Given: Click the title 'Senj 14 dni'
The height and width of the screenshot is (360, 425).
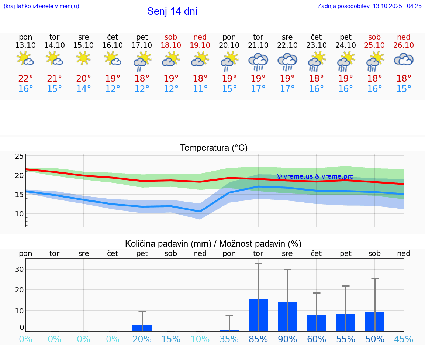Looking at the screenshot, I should (x=172, y=11).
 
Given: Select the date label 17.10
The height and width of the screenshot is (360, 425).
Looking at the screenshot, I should (x=142, y=45).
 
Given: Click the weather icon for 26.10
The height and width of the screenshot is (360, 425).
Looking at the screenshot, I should (x=404, y=59).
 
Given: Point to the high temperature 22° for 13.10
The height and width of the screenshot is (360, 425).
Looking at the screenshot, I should (x=26, y=79).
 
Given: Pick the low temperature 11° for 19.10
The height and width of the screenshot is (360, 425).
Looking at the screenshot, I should (x=200, y=89).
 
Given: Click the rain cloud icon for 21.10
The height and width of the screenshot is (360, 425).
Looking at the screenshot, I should (x=258, y=61).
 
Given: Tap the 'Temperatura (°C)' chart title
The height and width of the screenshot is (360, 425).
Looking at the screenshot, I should (x=214, y=148).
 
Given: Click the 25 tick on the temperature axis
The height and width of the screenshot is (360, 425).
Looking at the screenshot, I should (x=19, y=157).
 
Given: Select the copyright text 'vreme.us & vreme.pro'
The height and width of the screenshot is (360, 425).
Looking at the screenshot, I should (x=315, y=176).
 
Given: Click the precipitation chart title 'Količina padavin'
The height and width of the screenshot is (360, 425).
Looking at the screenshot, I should (x=213, y=244).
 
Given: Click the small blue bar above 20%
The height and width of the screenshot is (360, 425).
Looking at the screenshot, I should (x=142, y=328).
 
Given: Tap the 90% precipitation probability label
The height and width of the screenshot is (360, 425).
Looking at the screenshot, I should (x=287, y=339).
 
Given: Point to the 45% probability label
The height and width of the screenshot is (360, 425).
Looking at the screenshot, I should (x=404, y=339).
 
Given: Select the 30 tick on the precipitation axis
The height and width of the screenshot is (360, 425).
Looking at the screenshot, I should (x=19, y=269).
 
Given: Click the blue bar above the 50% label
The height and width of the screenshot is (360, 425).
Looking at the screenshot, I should (x=374, y=321).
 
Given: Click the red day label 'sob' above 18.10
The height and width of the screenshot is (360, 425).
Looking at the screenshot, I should (x=171, y=37).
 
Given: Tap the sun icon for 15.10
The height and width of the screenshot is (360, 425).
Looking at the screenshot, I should (x=84, y=58).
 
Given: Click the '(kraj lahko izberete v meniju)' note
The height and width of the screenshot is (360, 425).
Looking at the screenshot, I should (x=41, y=6).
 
